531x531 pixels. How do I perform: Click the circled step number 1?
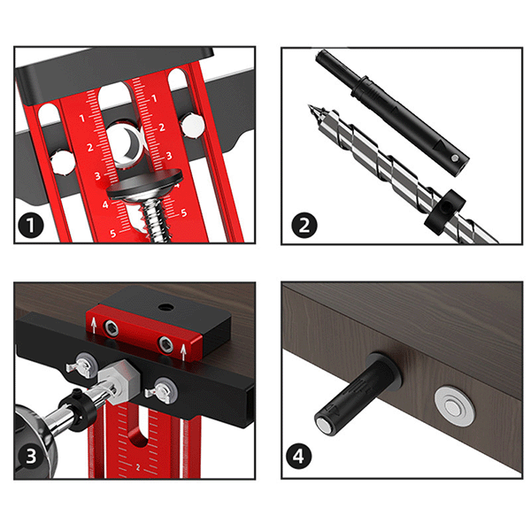click(x=31, y=225)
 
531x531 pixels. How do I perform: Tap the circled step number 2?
click(x=304, y=225)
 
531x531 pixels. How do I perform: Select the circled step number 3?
click(x=31, y=456)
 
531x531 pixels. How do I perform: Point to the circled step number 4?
click(x=298, y=456)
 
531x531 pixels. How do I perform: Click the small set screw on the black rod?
click(x=456, y=158)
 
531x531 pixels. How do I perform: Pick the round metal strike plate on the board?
click(x=455, y=405)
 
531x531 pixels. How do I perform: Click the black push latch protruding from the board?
click(x=358, y=395)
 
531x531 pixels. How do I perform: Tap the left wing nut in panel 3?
click(x=81, y=366)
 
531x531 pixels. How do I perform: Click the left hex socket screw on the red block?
click(x=111, y=327)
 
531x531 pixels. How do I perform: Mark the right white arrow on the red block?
click(x=183, y=353)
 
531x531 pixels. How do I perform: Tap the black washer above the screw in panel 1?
click(x=145, y=184)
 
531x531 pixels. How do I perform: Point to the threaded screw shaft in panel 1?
click(x=156, y=220)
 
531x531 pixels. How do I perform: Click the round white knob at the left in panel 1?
click(x=63, y=163)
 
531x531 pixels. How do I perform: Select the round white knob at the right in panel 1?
click(x=192, y=127)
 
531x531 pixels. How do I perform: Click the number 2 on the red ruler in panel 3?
click(x=137, y=467)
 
